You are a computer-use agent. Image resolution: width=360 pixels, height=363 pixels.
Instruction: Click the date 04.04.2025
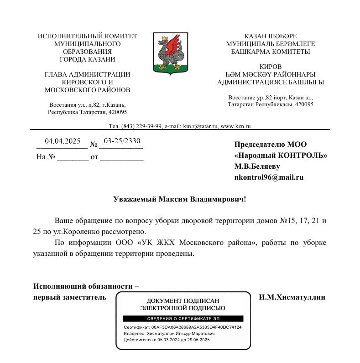click(x=63, y=141)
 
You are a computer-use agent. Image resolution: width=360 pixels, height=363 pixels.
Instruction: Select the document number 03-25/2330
click(x=122, y=141)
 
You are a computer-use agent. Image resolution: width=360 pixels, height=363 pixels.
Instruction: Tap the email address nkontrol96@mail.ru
click(x=269, y=178)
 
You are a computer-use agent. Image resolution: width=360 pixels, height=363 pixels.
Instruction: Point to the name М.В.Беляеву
click(x=257, y=166)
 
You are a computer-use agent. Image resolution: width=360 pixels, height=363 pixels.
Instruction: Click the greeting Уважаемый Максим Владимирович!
click(x=180, y=199)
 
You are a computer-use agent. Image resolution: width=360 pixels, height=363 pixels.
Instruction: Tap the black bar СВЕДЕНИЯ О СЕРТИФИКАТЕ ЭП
click(x=183, y=318)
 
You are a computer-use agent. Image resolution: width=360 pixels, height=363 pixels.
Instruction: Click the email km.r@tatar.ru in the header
click(x=201, y=126)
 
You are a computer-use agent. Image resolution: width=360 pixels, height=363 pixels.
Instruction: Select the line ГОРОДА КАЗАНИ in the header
click(x=87, y=59)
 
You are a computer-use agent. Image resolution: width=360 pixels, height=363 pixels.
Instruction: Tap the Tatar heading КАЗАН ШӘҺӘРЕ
click(x=271, y=36)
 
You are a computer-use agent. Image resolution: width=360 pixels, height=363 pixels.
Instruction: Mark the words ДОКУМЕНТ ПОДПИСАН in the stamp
click(x=183, y=301)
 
